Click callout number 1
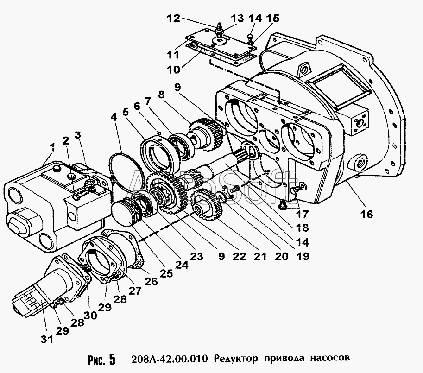(x=52, y=148)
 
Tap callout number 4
(x=114, y=118)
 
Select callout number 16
(x=367, y=214)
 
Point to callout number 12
(x=173, y=19)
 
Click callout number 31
(x=47, y=339)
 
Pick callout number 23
(x=196, y=256)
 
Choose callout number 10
(x=173, y=70)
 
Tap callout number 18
(x=302, y=228)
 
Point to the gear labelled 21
(x=208, y=204)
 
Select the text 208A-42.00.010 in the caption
(x=170, y=359)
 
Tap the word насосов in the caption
(x=330, y=358)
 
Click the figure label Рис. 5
(x=102, y=360)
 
